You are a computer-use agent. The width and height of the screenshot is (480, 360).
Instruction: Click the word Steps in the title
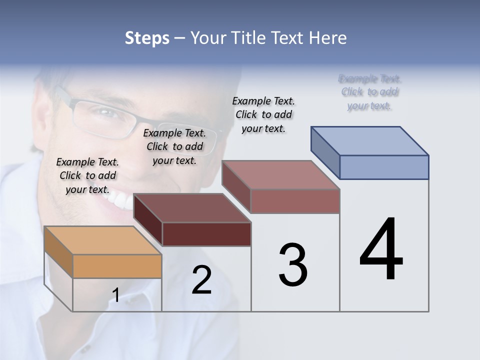[x=147, y=38]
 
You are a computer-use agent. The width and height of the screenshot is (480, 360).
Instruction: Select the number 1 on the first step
[x=115, y=295]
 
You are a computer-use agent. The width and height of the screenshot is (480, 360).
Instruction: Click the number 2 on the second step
[x=201, y=280]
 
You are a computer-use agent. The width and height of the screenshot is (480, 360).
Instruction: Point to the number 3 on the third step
[x=292, y=265]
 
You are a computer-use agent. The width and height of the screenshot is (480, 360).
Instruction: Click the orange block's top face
[x=103, y=240]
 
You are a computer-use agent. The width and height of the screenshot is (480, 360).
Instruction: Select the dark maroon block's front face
[x=206, y=234]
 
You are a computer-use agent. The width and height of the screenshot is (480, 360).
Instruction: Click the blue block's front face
[x=384, y=167]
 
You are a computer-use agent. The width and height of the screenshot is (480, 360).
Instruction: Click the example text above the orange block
[x=87, y=175]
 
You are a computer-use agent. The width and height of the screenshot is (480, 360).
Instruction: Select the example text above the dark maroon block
[x=174, y=146]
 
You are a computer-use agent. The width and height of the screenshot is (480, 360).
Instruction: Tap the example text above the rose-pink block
[x=263, y=114]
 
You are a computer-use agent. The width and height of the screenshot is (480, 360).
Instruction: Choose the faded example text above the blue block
[x=369, y=92]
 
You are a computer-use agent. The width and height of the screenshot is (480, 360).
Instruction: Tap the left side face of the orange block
[x=58, y=251]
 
